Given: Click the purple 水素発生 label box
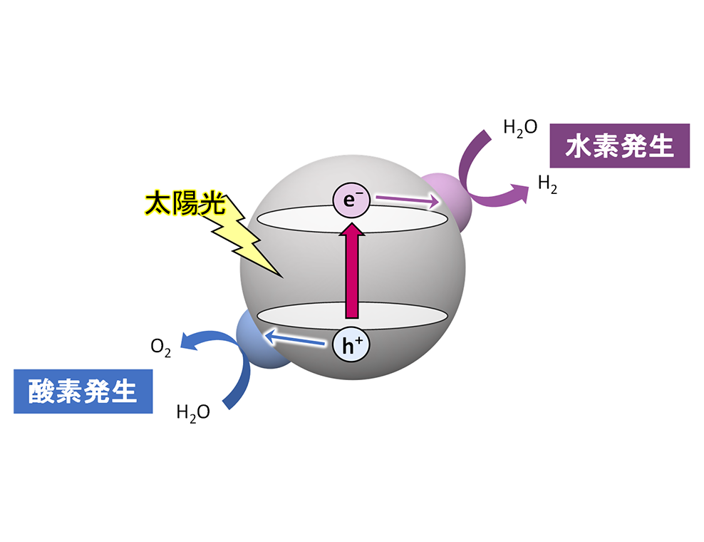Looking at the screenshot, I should [x=620, y=146].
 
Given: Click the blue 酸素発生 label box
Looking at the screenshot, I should [x=83, y=391].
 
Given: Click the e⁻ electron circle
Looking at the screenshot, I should [x=350, y=200].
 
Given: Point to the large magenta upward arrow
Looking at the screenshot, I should [x=351, y=271].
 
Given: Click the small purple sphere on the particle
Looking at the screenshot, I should [x=445, y=200].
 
